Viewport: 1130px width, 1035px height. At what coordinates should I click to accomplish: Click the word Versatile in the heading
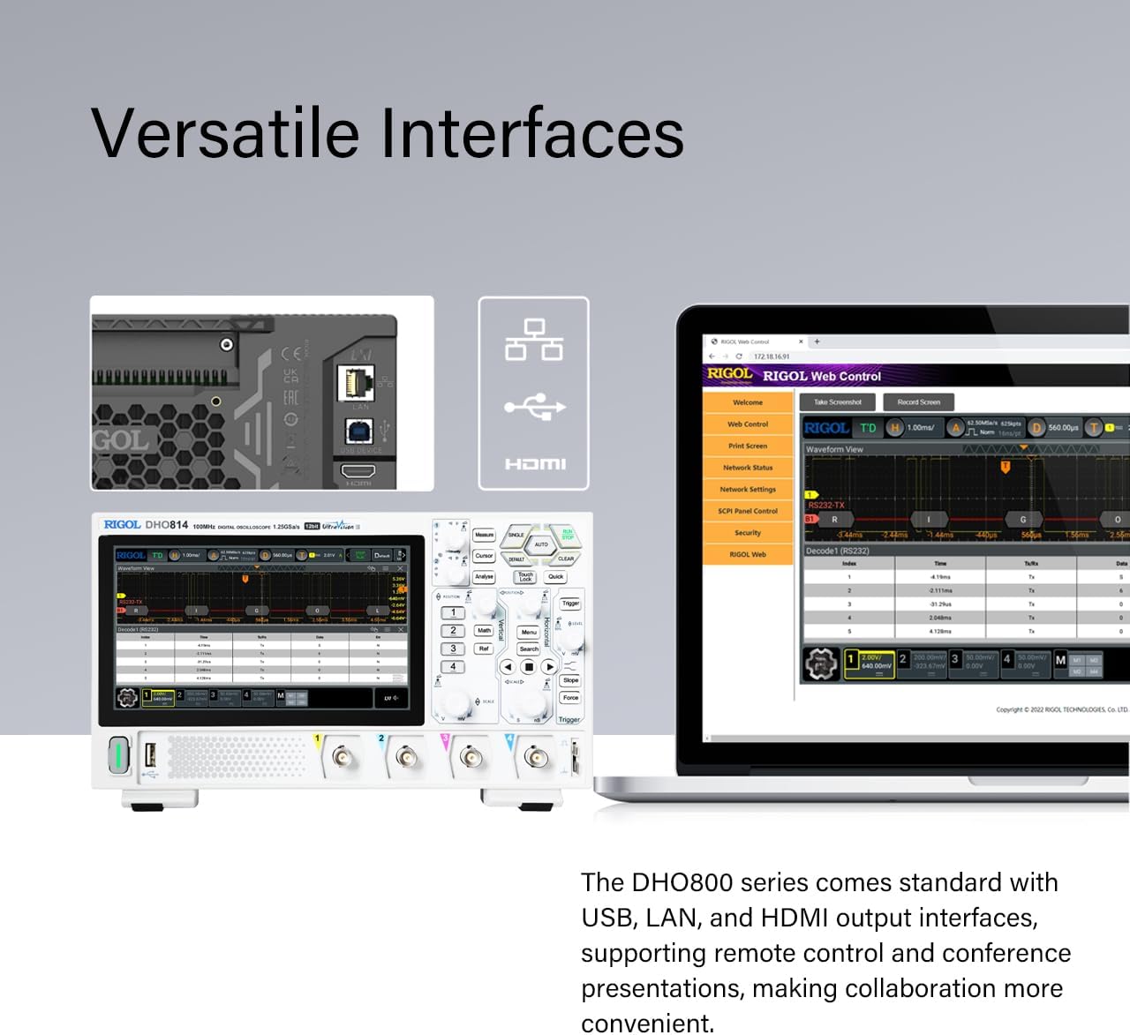tap(225, 133)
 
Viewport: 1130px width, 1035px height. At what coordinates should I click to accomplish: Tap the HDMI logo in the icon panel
tap(535, 464)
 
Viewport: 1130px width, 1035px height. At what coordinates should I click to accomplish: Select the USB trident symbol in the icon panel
tap(535, 407)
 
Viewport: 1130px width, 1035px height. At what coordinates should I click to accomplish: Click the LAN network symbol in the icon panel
tap(534, 340)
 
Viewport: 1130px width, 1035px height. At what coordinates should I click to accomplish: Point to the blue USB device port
tap(358, 431)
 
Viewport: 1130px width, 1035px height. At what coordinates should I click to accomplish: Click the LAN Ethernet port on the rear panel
tap(357, 383)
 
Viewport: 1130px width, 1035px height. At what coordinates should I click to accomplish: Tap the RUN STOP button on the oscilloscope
tap(568, 535)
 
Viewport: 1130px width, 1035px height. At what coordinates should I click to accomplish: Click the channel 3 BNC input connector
tap(471, 757)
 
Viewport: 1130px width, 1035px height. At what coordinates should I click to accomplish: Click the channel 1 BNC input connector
tap(341, 757)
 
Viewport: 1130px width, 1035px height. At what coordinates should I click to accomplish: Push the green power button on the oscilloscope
tap(119, 756)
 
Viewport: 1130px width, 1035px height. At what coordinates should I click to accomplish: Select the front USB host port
tap(150, 755)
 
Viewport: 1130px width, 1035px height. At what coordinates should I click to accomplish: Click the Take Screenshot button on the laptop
tap(837, 402)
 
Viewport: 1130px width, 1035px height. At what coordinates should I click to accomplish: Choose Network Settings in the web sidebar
tap(748, 490)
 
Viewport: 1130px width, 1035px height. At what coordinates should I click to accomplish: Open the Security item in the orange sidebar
tap(748, 533)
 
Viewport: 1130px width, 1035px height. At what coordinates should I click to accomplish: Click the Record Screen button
tap(918, 402)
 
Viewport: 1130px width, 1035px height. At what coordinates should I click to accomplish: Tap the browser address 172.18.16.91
tap(772, 356)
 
